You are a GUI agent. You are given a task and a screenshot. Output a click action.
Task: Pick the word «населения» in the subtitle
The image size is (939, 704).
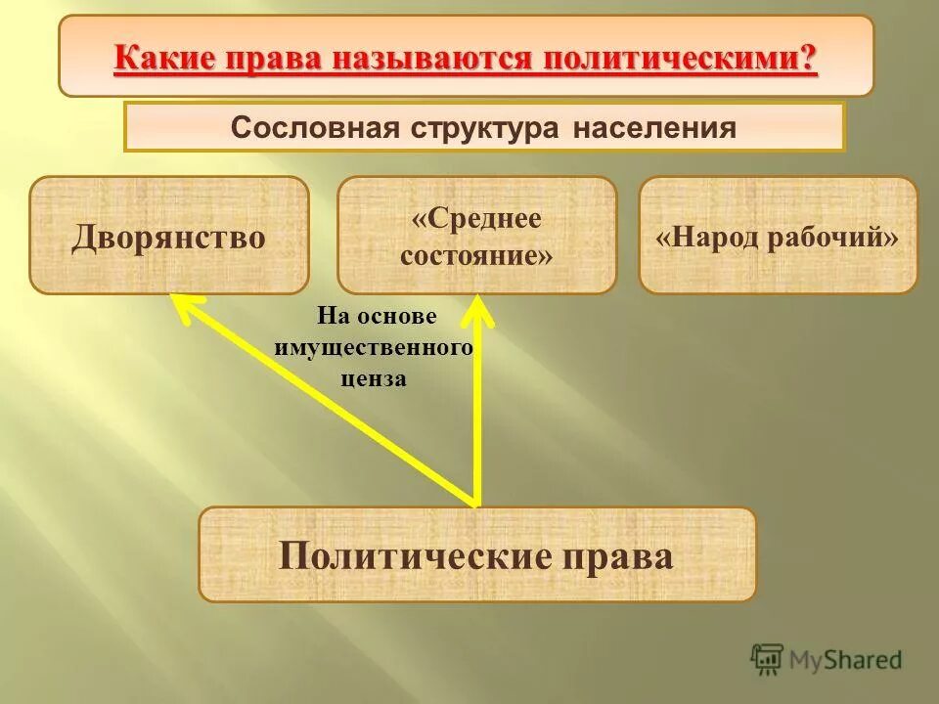click(x=654, y=128)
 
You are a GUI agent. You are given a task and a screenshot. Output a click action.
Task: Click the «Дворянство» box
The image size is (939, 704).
click(x=168, y=236)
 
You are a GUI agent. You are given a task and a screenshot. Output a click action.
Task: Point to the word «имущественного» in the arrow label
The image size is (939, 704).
click(x=375, y=348)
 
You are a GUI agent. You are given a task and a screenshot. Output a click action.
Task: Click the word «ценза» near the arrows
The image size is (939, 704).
click(x=374, y=379)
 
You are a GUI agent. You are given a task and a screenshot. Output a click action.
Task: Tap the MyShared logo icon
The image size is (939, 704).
click(x=768, y=659)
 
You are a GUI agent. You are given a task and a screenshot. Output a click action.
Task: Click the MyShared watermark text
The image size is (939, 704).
click(x=847, y=660)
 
